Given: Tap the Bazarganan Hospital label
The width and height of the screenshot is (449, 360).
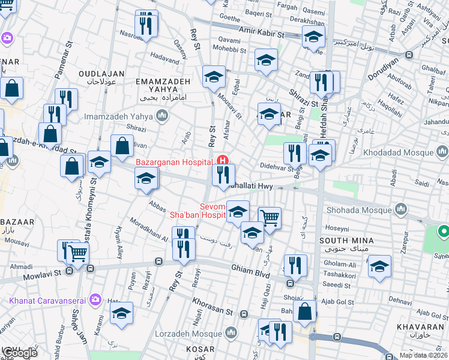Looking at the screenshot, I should pos(174,162).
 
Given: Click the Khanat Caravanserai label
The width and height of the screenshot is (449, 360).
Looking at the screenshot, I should pos(47,299).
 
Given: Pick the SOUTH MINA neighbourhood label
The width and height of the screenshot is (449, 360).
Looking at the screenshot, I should pos(347,241).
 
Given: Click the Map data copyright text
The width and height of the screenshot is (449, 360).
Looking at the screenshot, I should pos(424,355).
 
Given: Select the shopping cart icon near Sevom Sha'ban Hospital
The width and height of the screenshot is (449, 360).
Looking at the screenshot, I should pos(270,218).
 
